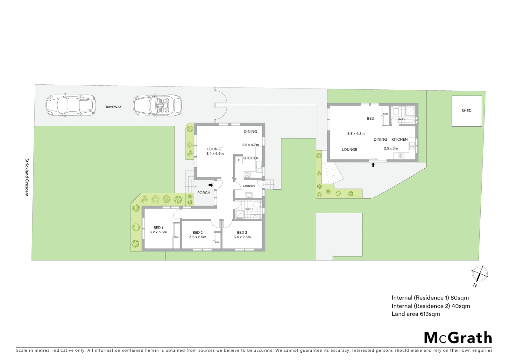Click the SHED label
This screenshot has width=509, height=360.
click(x=466, y=111)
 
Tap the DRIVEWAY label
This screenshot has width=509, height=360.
click(x=113, y=107)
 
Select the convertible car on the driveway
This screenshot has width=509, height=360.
click(x=157, y=105)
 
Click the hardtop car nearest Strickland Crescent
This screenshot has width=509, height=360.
click(x=71, y=105)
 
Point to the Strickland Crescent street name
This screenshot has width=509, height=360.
click(x=27, y=177)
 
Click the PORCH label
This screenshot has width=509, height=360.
click(x=204, y=193)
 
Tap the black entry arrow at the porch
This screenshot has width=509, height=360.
click(x=211, y=185)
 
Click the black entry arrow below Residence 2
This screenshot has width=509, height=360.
click(x=373, y=165)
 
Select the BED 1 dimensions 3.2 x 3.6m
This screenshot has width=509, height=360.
click(x=158, y=232)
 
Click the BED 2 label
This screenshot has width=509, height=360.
click(x=198, y=233)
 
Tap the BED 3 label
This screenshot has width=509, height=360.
click(x=242, y=233)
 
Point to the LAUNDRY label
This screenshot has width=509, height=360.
click(x=249, y=186)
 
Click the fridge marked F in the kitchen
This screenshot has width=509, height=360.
click(x=239, y=160)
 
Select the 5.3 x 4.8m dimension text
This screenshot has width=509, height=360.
click(x=356, y=134)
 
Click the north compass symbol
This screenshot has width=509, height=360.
click(x=479, y=274)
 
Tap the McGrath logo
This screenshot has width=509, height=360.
click(x=458, y=338)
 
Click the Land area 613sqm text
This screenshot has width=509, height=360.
click(x=416, y=314)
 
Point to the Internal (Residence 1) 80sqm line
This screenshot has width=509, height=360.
click(x=430, y=298)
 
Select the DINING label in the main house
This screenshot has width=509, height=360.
click(x=251, y=132)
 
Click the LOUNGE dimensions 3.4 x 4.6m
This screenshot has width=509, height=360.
click(x=215, y=154)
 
